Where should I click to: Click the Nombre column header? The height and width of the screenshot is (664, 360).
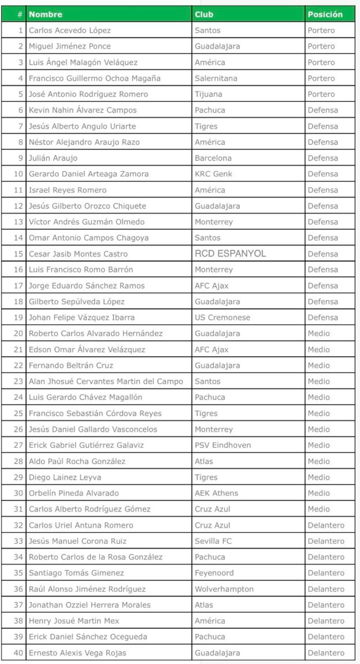[45, 14]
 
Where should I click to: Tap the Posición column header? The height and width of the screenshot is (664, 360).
[325, 14]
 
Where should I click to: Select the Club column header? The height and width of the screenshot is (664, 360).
[204, 14]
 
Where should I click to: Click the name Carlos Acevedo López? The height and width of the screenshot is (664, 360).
[70, 31]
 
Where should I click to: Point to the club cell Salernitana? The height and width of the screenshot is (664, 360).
[216, 78]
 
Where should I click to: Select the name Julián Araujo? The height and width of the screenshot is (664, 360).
[53, 158]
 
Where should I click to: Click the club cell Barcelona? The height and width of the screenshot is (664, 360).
[213, 158]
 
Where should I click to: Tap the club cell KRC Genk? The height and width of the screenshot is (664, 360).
[214, 174]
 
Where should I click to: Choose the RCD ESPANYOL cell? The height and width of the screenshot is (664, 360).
[230, 253]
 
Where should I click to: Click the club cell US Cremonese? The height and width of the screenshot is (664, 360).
[222, 317]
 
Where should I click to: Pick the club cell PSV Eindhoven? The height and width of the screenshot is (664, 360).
[223, 445]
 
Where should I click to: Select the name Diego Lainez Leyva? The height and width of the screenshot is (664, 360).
[65, 477]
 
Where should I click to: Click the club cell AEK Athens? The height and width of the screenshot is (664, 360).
[216, 493]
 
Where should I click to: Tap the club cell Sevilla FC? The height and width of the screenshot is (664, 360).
[213, 541]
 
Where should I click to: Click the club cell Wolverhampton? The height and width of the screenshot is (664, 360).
[224, 589]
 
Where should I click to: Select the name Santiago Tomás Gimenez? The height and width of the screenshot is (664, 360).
[76, 573]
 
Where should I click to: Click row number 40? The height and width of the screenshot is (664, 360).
[18, 653]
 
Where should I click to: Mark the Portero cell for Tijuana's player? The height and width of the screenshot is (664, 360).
[321, 94]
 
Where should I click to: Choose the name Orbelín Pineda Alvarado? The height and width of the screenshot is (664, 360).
[74, 493]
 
